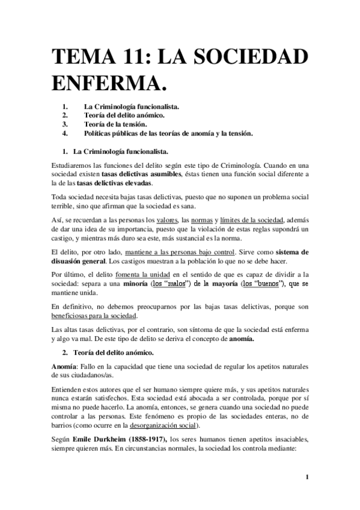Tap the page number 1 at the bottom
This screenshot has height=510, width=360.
click(x=307, y=479)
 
